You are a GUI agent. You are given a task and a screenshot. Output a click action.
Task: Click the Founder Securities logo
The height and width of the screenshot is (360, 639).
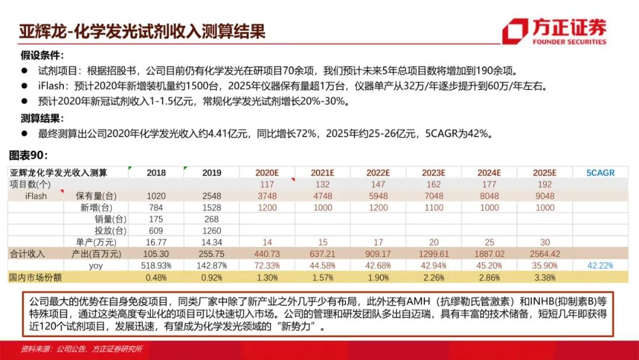pos(554,31)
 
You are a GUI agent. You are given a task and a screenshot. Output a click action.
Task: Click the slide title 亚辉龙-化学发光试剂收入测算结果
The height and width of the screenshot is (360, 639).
pos(141,31)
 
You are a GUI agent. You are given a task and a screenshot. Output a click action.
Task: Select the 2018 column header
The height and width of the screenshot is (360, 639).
pos(156,173)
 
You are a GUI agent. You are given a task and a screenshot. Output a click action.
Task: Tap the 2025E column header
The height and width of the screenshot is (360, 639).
pos(544,173)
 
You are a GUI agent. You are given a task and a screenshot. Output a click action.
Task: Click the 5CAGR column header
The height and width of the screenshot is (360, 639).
pos(601,173)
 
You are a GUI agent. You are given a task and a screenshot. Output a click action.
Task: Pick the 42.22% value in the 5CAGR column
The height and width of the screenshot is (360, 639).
pos(601,266)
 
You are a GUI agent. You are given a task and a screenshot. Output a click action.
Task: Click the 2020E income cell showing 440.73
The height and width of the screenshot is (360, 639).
pos(267,253)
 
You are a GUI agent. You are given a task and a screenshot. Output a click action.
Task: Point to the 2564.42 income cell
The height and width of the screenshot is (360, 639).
pos(544,253)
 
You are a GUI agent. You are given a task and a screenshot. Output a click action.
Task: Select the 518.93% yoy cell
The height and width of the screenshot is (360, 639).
pos(156,266)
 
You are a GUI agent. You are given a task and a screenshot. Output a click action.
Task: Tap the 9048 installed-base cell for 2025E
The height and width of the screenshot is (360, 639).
pos(544,196)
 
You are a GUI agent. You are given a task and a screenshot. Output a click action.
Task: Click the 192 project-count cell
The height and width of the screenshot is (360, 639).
pos(544,185)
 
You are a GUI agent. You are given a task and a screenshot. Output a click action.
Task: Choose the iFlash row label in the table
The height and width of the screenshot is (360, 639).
pos(36,196)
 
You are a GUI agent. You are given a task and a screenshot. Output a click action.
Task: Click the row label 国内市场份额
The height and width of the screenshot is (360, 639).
pos(35,277)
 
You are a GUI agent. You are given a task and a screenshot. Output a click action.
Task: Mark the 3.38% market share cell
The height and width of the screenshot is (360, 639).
pos(544,277)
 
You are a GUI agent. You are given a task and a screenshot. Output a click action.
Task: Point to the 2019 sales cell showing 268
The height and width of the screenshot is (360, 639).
pos(211,219)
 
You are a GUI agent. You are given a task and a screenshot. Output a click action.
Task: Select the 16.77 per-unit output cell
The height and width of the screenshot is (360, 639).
pos(156,242)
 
